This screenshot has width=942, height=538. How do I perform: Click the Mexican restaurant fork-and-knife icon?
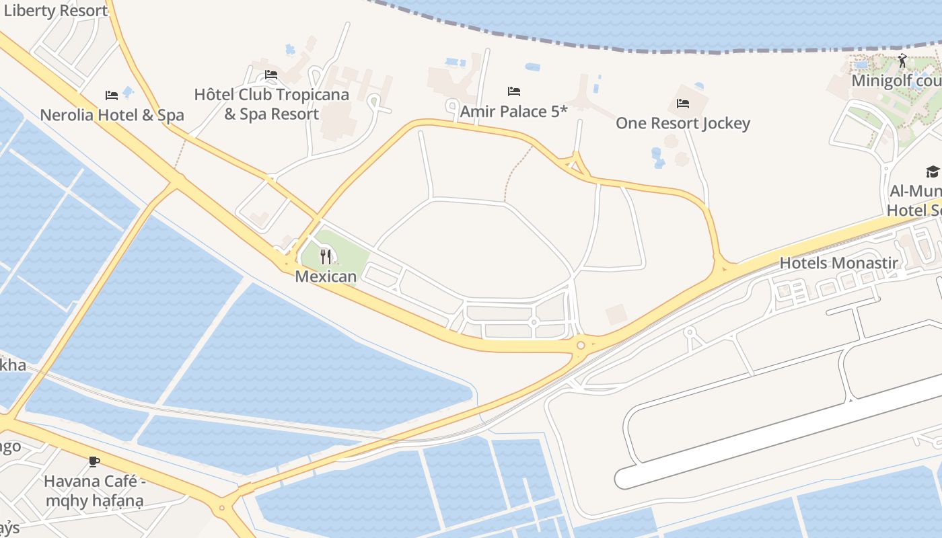click(x=326, y=256)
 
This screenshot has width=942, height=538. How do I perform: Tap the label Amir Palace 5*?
click(x=513, y=112)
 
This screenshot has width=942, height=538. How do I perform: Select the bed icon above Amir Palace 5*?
click(x=514, y=91)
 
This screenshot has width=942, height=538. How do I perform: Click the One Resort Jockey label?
click(x=682, y=123)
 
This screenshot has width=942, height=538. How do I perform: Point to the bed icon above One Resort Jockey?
click(x=683, y=104)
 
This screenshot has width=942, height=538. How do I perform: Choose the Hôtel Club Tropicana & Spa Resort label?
click(x=271, y=104)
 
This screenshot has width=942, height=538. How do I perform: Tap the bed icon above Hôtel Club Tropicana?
click(x=271, y=75)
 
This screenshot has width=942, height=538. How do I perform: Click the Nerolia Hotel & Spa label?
click(x=112, y=115)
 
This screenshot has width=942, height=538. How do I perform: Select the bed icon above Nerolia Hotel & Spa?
click(x=112, y=95)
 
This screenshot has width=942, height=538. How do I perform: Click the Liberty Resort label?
click(x=55, y=11)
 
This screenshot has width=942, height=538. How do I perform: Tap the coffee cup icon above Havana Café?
click(x=94, y=461)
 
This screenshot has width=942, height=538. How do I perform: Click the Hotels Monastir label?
click(x=838, y=263)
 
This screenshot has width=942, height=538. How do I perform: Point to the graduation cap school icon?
click(x=933, y=172)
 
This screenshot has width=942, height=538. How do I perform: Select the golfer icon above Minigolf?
click(x=902, y=61)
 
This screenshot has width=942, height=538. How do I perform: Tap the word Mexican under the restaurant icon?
click(x=326, y=276)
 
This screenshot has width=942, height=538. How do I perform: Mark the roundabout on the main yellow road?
click(x=581, y=345)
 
